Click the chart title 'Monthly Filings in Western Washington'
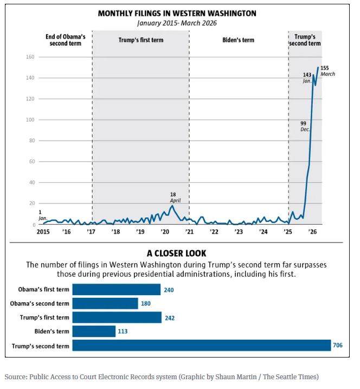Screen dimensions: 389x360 pyautogui.click(x=177, y=13)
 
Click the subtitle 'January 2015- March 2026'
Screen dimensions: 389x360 pyautogui.click(x=177, y=23)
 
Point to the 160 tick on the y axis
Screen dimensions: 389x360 pyautogui.click(x=30, y=57)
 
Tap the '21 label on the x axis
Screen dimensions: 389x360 pyautogui.click(x=190, y=232)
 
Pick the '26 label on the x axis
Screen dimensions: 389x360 pyautogui.click(x=312, y=232)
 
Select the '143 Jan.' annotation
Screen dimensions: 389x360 pyautogui.click(x=307, y=77)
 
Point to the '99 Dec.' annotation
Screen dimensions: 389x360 pyautogui.click(x=305, y=126)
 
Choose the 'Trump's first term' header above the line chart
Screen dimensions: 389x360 pyautogui.click(x=140, y=40)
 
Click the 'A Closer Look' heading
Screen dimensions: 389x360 pyautogui.click(x=176, y=253)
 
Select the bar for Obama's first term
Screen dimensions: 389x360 pyautogui.click(x=116, y=290)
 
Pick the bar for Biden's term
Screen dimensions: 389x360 pyautogui.click(x=94, y=331)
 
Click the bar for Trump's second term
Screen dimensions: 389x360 pyautogui.click(x=201, y=346)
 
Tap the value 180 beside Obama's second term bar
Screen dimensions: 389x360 pyautogui.click(x=146, y=304)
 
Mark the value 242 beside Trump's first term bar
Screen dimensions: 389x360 pyautogui.click(x=169, y=318)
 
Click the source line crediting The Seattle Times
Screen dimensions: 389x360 pyautogui.click(x=162, y=377)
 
